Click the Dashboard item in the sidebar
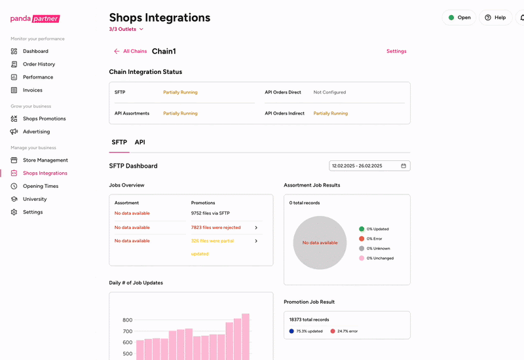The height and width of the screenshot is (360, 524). coord(35,51)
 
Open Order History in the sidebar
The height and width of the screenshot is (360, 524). coord(39,64)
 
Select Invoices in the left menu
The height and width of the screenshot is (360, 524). coord(32,90)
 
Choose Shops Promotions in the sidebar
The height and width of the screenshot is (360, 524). coord(44,118)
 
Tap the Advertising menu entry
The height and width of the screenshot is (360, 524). coord(36,132)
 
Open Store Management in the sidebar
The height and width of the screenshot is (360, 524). coord(45,160)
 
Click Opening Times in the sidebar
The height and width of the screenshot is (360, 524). coord(41,186)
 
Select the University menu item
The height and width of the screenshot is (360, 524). coord(35,199)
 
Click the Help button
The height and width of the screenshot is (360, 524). coord(495,18)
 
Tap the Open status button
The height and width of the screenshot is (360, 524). coord(459,18)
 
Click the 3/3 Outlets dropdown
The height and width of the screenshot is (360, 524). coord(126,29)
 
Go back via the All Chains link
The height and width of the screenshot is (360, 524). coord(130,51)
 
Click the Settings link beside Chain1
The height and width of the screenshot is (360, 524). coord(396,51)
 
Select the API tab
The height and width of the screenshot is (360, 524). coord(140,142)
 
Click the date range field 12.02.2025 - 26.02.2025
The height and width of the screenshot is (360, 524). coord(369,166)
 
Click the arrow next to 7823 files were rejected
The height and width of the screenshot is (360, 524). coord(256,228)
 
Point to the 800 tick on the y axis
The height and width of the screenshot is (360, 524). coord(127,320)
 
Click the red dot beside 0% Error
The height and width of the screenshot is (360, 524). coord(362,239)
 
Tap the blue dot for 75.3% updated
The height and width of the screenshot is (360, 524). coord(291,331)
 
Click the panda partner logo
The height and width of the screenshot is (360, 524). coord(35,18)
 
